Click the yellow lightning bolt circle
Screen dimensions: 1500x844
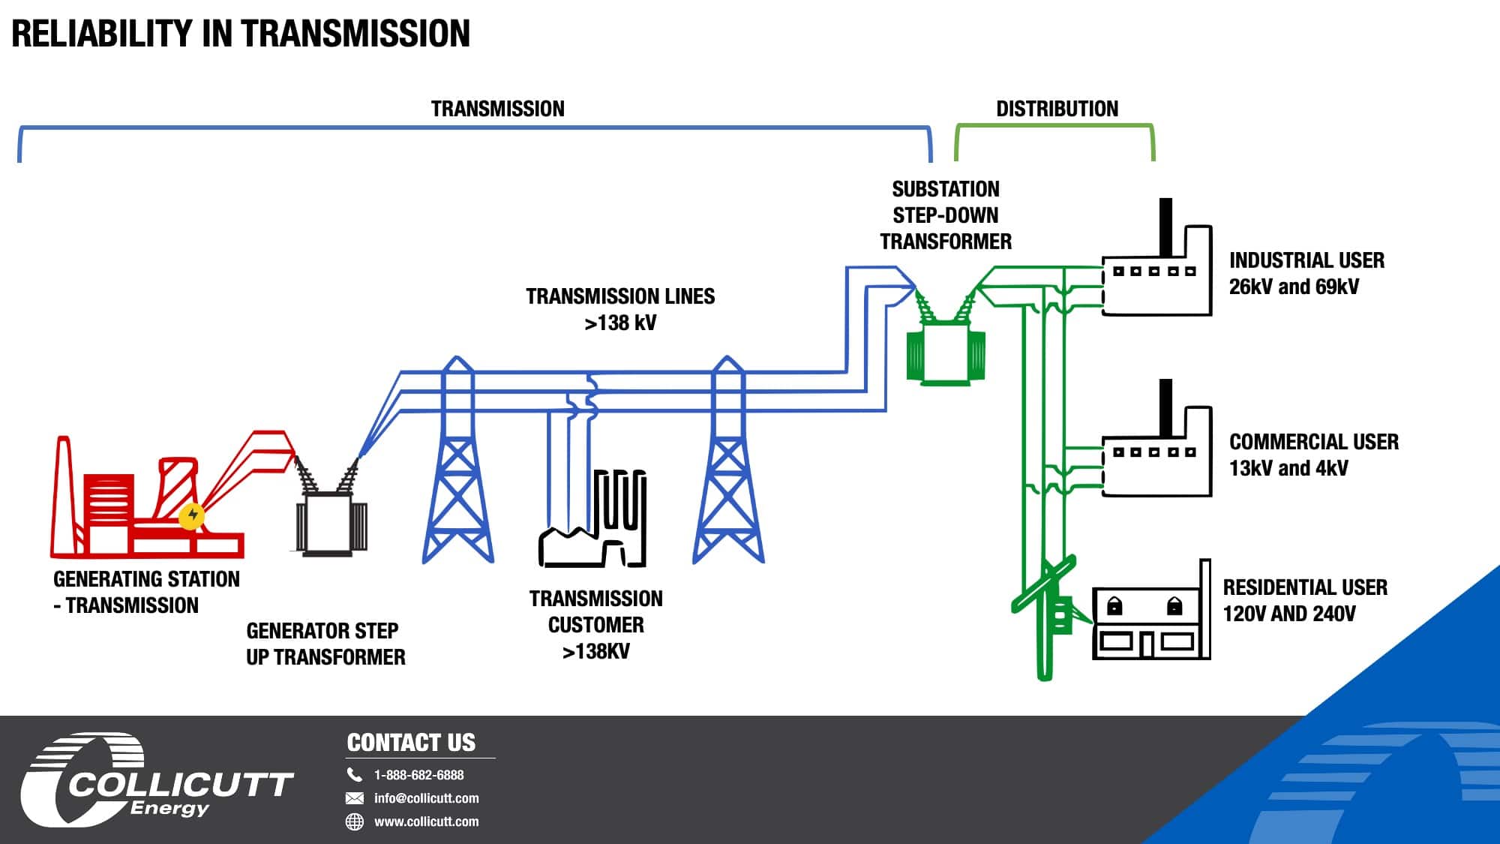pyautogui.click(x=193, y=515)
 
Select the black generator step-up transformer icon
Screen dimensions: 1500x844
pyautogui.click(x=331, y=510)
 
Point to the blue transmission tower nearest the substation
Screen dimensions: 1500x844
pyautogui.click(x=727, y=461)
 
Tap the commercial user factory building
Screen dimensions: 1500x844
pyautogui.click(x=1156, y=438)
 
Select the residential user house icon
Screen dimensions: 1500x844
pyautogui.click(x=1151, y=610)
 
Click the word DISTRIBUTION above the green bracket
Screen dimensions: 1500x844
pyautogui.click(x=1057, y=109)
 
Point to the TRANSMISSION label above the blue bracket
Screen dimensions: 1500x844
pyautogui.click(x=497, y=109)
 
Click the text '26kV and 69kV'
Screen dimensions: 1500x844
pyautogui.click(x=1294, y=287)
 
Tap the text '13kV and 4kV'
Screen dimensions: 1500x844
pyautogui.click(x=1288, y=468)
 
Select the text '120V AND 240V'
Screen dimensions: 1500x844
pyautogui.click(x=1289, y=614)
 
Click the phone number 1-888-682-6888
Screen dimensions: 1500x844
pyautogui.click(x=418, y=775)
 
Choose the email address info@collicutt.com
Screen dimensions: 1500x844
pyautogui.click(x=426, y=798)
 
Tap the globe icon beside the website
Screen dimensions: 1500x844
pyautogui.click(x=354, y=821)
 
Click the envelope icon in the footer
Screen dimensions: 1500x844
pyautogui.click(x=354, y=798)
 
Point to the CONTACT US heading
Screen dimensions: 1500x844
pyautogui.click(x=411, y=743)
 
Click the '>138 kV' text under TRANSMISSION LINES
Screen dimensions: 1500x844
pyautogui.click(x=620, y=323)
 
